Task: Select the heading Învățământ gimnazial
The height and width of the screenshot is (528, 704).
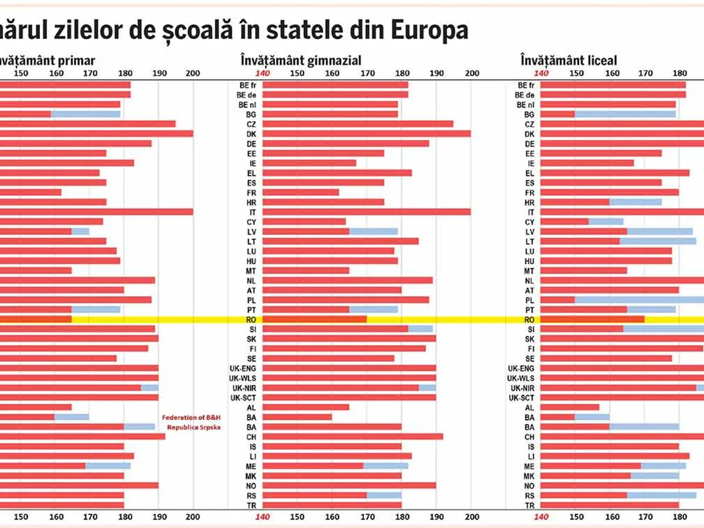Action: point(300,60)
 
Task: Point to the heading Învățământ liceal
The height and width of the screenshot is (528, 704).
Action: point(568,60)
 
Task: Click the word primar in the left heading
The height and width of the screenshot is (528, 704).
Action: point(77,60)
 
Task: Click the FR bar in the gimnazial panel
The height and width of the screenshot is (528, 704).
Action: point(301,192)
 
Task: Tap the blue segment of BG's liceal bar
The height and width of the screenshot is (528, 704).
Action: point(625,114)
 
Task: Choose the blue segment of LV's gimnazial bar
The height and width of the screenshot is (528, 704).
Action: point(374,232)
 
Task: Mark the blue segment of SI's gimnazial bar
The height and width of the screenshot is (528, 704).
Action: point(421,329)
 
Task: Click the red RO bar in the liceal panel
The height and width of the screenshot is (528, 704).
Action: point(593,320)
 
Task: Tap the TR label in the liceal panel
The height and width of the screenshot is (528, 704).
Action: point(529,505)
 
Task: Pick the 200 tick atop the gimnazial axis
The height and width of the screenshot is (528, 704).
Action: point(471,73)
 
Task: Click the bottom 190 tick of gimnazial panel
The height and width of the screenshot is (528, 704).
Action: point(436,517)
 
